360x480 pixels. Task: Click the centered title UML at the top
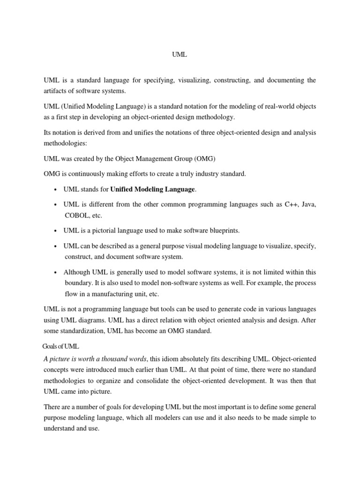179,54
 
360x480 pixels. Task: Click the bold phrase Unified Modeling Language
152,189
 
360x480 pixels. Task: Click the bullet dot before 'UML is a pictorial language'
56,231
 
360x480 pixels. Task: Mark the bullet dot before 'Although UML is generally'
56,272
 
